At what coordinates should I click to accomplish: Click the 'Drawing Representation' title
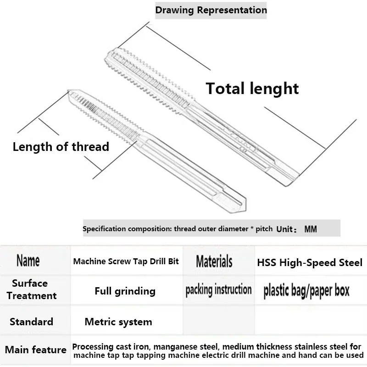coord(211,10)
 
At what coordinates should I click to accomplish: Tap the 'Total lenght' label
coord(252,88)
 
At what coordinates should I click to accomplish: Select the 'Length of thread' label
coord(61,147)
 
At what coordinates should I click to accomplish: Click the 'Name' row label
coord(28,261)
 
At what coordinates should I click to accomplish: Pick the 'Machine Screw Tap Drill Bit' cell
coord(126,261)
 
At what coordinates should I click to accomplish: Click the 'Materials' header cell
coord(214,261)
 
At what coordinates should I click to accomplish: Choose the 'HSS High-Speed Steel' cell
coord(310,262)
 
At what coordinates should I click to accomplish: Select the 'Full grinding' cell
coord(125,291)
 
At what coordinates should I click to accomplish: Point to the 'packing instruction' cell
coord(218,290)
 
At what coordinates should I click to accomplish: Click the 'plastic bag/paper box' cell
coord(306,291)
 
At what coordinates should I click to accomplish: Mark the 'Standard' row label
coord(31,322)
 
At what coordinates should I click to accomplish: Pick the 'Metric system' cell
coord(118,322)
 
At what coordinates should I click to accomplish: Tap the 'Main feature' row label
coord(35,350)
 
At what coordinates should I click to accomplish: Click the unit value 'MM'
coord(310,229)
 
